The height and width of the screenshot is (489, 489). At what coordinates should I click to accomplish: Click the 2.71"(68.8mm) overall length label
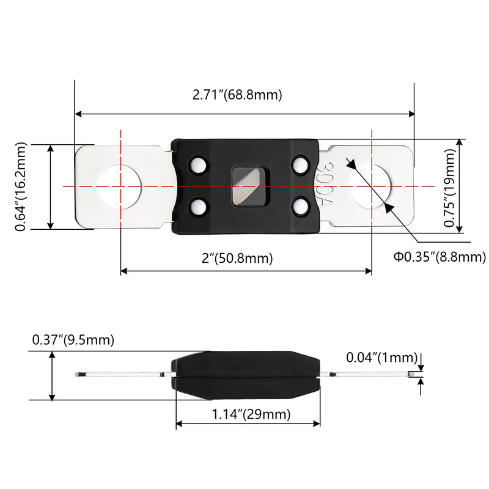[237, 95]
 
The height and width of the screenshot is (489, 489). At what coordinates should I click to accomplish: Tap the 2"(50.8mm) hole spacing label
[237, 258]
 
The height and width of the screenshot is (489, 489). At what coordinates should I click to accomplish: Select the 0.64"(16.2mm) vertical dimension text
[21, 186]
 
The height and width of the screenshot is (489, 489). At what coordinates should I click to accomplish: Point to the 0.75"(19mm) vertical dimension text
[450, 188]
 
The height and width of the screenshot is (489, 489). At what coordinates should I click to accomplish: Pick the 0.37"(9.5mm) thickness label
[73, 340]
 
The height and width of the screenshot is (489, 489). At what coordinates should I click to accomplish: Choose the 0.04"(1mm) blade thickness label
[381, 358]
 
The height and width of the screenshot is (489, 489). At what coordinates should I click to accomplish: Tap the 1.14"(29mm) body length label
[251, 414]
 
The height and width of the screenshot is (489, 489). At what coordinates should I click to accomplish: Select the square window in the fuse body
[251, 186]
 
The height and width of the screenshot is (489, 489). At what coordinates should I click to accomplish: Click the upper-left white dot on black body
[197, 164]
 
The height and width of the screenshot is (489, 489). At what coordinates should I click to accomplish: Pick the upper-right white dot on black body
[300, 164]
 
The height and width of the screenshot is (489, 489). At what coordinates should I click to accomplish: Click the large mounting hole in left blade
[119, 186]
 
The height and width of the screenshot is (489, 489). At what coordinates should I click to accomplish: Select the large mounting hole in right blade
[370, 186]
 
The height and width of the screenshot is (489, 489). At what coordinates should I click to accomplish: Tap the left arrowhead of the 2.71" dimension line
[79, 114]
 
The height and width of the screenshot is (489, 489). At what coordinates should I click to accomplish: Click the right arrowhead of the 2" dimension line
[369, 271]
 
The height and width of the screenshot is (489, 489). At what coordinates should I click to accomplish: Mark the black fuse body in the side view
[246, 375]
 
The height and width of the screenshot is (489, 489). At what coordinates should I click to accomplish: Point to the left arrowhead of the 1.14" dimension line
[179, 424]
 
